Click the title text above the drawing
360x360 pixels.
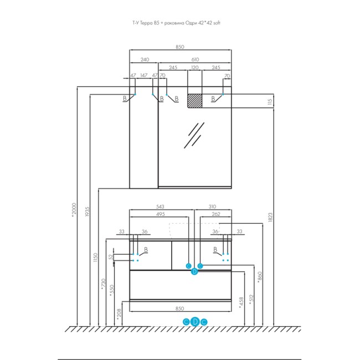(x=180, y=23)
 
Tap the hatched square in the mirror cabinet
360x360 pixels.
(x=194, y=100)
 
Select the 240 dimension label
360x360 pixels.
(x=144, y=59)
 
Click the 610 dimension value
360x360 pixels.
(x=194, y=59)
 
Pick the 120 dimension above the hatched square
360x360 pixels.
(x=194, y=68)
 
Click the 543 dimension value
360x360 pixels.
(x=161, y=207)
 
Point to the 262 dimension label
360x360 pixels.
(x=217, y=214)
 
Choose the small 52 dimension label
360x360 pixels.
(x=111, y=256)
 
